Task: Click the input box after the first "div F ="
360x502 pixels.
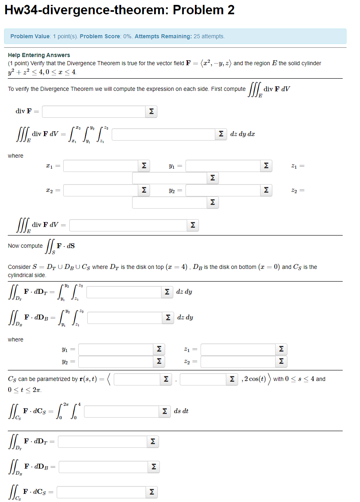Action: (93, 111)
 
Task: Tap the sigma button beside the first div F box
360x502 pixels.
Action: (151, 111)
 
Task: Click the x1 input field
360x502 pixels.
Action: (100, 166)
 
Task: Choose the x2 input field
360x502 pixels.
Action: (100, 190)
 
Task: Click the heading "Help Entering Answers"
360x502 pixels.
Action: (39, 55)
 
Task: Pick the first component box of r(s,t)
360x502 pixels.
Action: (137, 379)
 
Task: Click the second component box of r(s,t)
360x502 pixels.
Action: (203, 379)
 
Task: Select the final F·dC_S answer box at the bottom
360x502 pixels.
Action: (102, 493)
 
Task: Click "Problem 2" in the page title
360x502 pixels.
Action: (203, 10)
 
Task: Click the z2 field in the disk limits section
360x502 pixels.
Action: (238, 361)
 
